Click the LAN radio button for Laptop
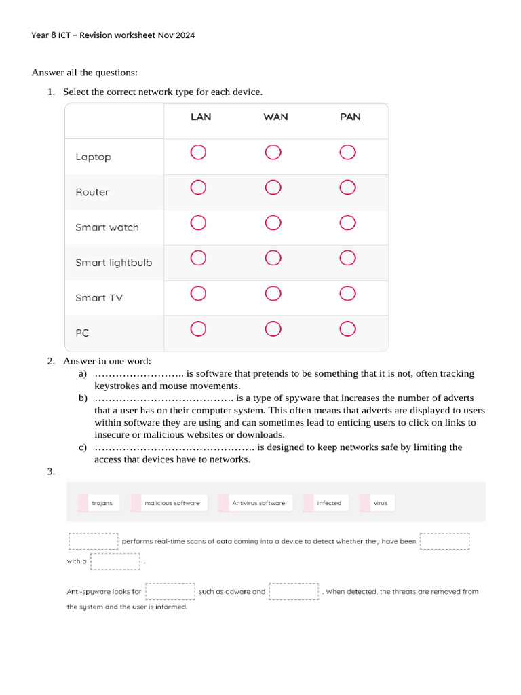coord(198,153)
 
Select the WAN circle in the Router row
coord(273,187)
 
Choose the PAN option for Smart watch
coord(347,223)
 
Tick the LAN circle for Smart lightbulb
coord(198,258)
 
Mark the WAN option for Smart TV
coord(273,293)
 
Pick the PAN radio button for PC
coord(347,329)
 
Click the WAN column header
coord(275,117)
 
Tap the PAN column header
coord(350,117)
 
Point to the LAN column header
coord(201,117)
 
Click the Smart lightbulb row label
coord(113,263)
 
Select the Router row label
coord(92,192)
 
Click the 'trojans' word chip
coord(101,503)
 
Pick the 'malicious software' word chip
coord(172,503)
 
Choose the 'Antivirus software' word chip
coord(258,503)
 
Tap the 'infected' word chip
coord(329,503)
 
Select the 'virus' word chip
coord(380,503)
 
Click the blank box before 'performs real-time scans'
coord(94,541)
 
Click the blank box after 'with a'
coord(115,561)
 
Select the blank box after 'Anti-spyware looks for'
coord(170,591)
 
